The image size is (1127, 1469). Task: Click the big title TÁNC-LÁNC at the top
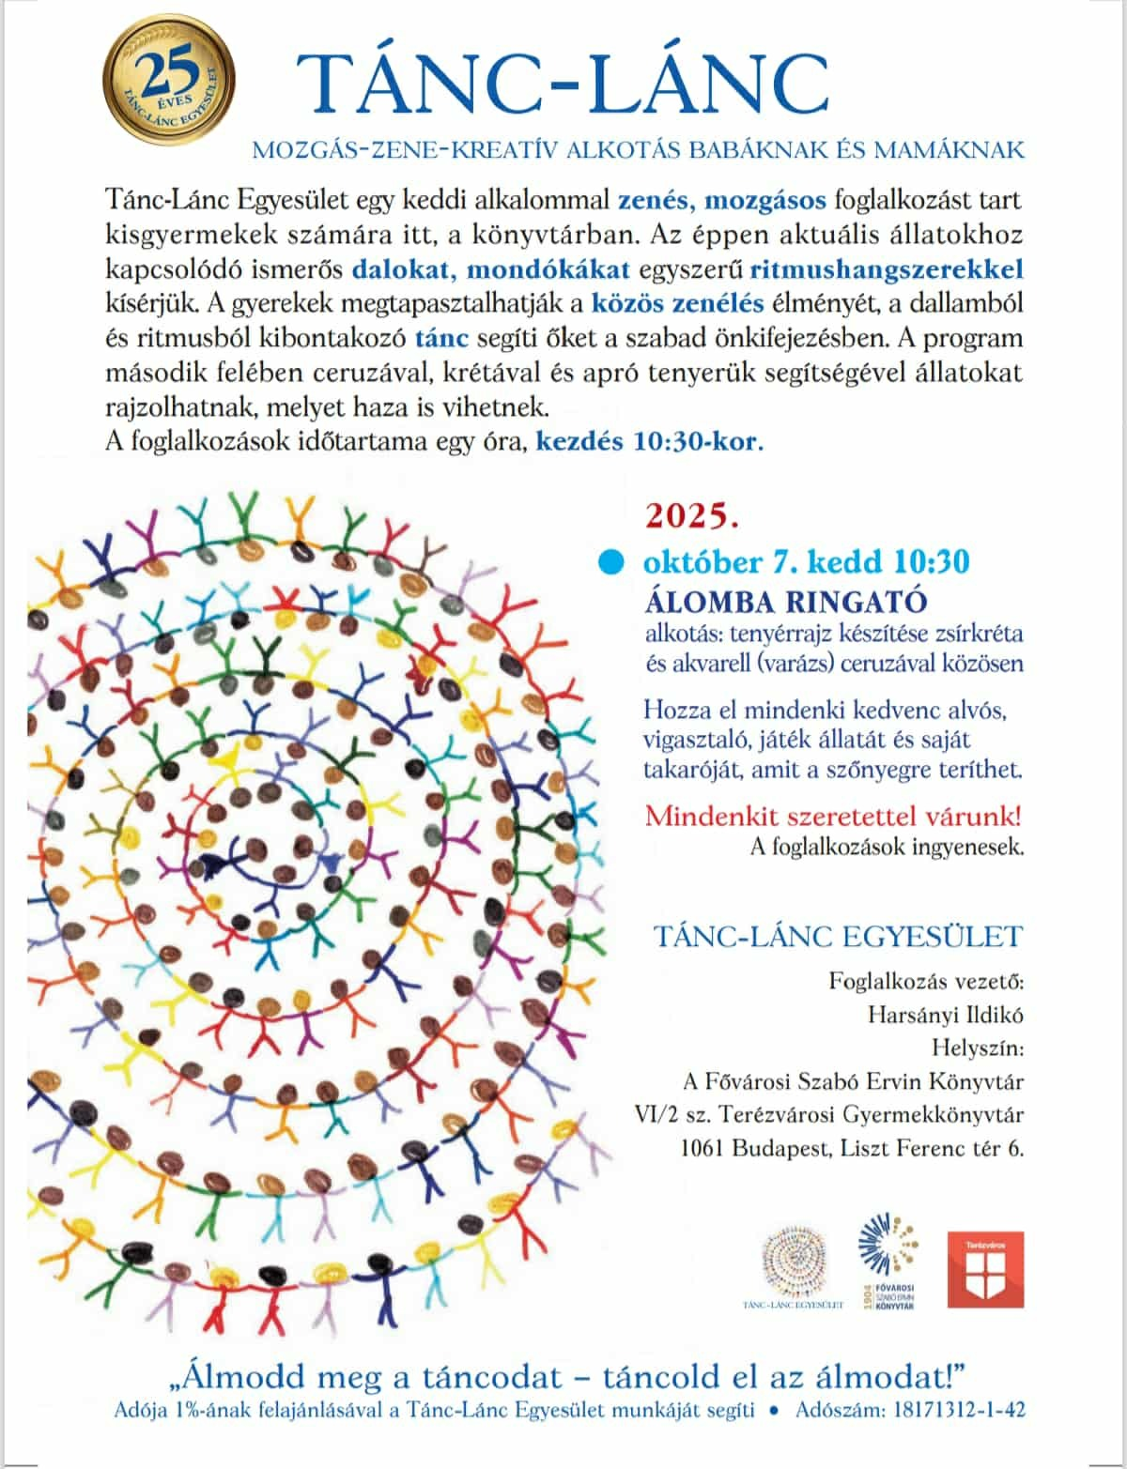(x=562, y=84)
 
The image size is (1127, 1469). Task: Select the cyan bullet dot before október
(x=612, y=561)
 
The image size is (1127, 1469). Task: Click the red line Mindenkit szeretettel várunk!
(x=833, y=814)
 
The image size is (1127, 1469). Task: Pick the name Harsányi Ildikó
(x=945, y=1015)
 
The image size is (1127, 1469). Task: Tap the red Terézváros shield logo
(x=985, y=1270)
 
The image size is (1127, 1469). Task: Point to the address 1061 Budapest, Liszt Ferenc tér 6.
(x=852, y=1148)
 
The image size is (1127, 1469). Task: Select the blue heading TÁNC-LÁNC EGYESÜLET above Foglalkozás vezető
(x=838, y=936)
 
